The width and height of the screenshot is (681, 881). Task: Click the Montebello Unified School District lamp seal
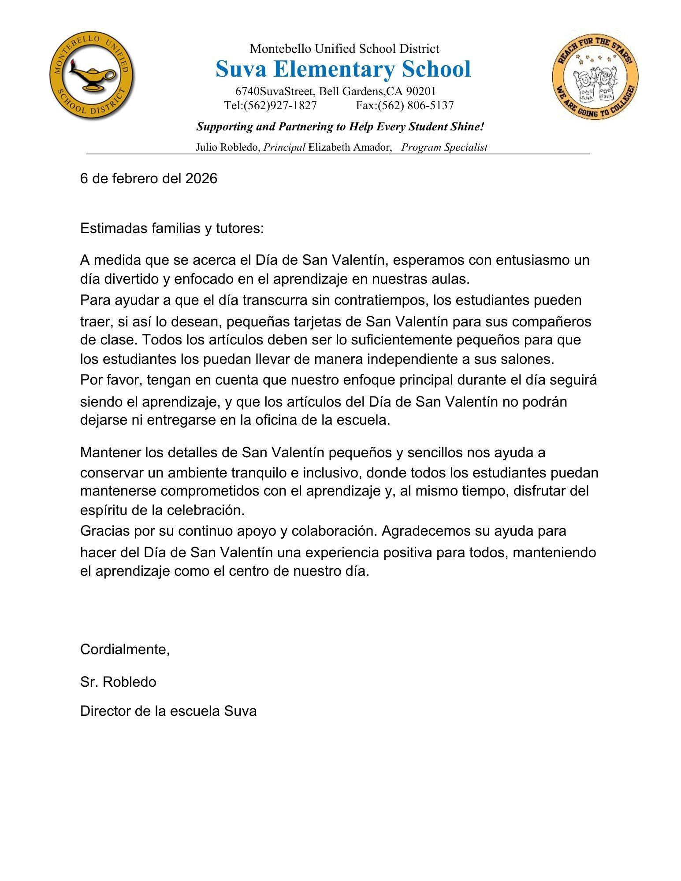click(x=92, y=76)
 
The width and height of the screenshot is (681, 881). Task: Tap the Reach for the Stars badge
click(x=595, y=75)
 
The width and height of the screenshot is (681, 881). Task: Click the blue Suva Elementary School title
click(x=343, y=69)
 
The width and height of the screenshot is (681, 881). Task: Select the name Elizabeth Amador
click(x=350, y=147)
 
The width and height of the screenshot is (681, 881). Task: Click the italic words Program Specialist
click(x=444, y=147)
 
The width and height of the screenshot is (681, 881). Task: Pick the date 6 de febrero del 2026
click(x=149, y=178)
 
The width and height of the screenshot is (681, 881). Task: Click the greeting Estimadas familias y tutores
click(x=172, y=229)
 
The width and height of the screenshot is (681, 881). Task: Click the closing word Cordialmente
click(x=125, y=649)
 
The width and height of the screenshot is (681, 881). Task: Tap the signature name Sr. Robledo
click(x=118, y=682)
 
